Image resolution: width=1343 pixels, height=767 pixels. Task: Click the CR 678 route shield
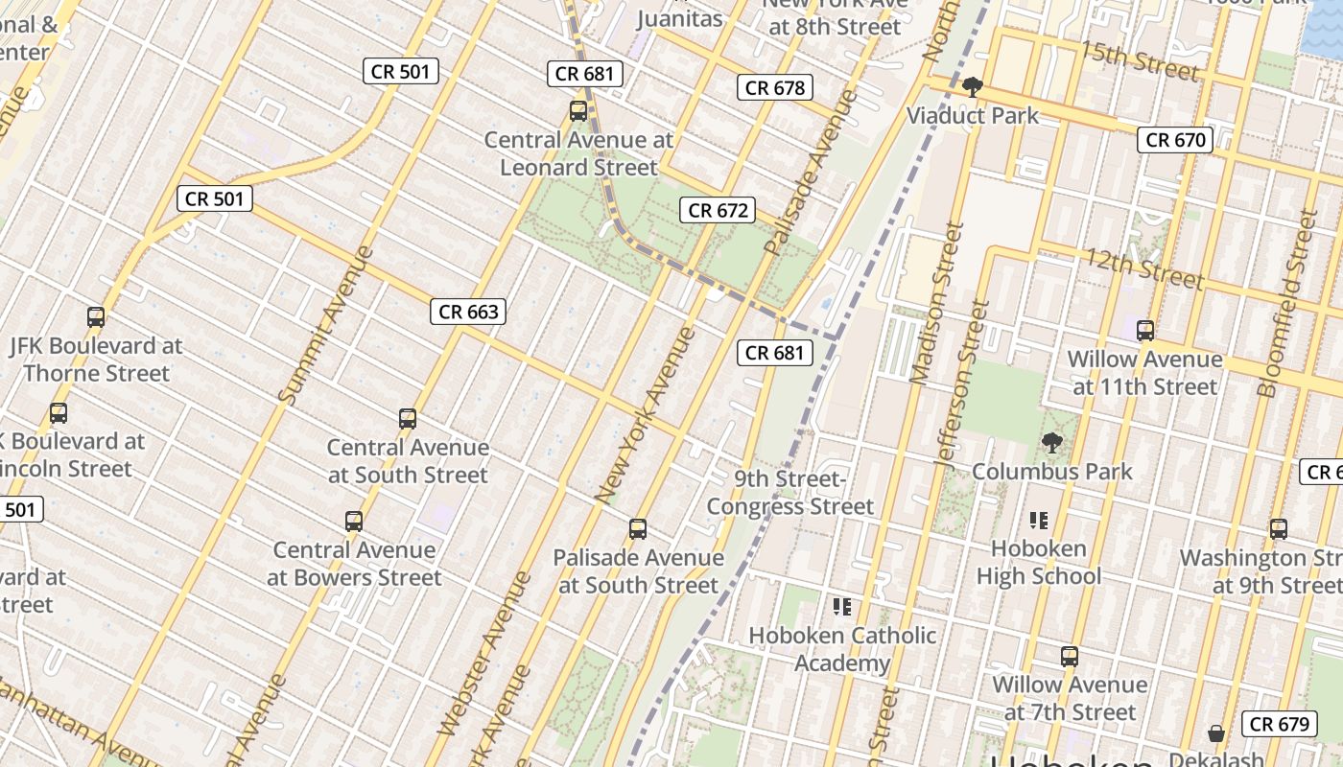tap(775, 88)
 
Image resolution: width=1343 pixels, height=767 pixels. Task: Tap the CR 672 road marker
tap(718, 210)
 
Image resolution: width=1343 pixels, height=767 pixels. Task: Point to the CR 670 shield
tap(1176, 140)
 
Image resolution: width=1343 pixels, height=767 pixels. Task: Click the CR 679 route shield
tap(1281, 724)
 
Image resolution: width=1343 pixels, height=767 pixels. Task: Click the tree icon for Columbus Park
tap(1052, 443)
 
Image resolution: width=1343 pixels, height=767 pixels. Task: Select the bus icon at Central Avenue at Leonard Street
tap(578, 111)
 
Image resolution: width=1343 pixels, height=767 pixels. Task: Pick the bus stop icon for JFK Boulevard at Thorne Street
tap(96, 317)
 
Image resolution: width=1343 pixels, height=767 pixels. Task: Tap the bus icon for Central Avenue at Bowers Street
tap(354, 522)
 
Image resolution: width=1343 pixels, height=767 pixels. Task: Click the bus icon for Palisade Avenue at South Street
tap(638, 529)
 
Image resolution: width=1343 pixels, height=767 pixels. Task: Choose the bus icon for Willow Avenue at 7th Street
tap(1070, 657)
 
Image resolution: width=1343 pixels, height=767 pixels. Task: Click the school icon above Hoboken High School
tap(1039, 521)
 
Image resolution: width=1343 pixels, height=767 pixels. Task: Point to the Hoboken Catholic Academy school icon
tap(842, 607)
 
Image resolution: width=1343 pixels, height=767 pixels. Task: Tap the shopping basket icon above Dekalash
tap(1216, 733)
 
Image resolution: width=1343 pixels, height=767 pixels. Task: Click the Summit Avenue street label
tap(325, 324)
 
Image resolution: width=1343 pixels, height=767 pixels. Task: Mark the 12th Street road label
tap(1143, 268)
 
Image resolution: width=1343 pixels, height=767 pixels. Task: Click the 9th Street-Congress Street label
tap(790, 493)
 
